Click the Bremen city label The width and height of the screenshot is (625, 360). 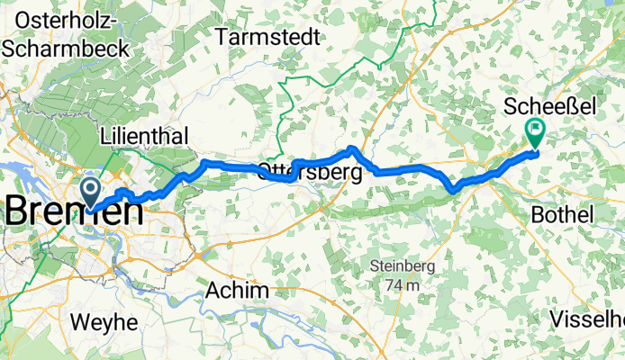pyautogui.click(x=74, y=212)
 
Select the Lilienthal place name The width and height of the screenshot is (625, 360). pyautogui.click(x=145, y=136)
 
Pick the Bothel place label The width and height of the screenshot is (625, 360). pyautogui.click(x=563, y=215)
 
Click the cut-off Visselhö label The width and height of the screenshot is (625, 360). pyautogui.click(x=587, y=319)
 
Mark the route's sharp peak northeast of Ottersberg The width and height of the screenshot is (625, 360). pyautogui.click(x=352, y=147)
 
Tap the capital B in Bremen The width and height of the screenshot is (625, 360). pyautogui.click(x=21, y=212)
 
